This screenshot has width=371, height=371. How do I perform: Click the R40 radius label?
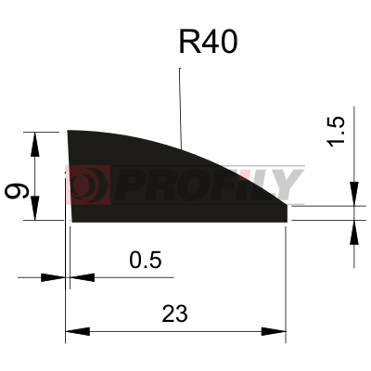[x=208, y=42]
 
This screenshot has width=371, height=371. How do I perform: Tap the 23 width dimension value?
[x=174, y=313]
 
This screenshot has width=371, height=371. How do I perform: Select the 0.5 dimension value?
[x=146, y=260]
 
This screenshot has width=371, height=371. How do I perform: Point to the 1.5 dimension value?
[x=336, y=131]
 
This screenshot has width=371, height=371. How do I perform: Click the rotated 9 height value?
[x=17, y=190]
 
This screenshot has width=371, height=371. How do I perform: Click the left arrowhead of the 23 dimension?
[x=78, y=331]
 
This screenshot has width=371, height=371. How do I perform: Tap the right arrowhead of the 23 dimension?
[x=274, y=331]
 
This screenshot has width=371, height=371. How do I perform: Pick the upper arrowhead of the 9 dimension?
[x=35, y=144]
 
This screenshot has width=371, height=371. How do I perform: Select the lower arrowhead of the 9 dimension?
[x=35, y=208]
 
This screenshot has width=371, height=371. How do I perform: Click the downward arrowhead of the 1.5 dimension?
[x=354, y=194]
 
